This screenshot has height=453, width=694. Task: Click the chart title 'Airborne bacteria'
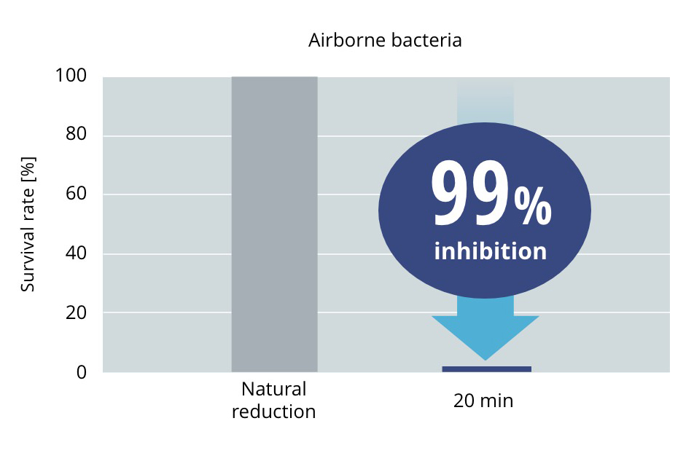point(385,40)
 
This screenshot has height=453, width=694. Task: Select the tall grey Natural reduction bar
point(274,224)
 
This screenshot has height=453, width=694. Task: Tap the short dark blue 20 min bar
point(487,369)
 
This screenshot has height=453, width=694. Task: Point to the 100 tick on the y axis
point(71,75)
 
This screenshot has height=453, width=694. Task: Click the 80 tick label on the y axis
point(76,133)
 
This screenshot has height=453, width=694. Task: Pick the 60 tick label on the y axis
point(76,193)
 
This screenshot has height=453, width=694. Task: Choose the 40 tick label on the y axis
point(76,253)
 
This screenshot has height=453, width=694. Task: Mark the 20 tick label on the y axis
point(76,312)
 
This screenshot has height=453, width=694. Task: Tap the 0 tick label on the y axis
point(82,372)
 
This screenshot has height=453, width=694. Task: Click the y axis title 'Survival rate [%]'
point(28,224)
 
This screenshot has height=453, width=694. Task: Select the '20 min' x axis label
point(483,401)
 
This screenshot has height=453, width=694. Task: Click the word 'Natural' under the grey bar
point(274,390)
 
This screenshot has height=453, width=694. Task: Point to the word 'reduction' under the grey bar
point(274,411)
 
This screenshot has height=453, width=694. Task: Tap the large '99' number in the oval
point(471,193)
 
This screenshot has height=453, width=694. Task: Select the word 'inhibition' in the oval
point(491,251)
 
